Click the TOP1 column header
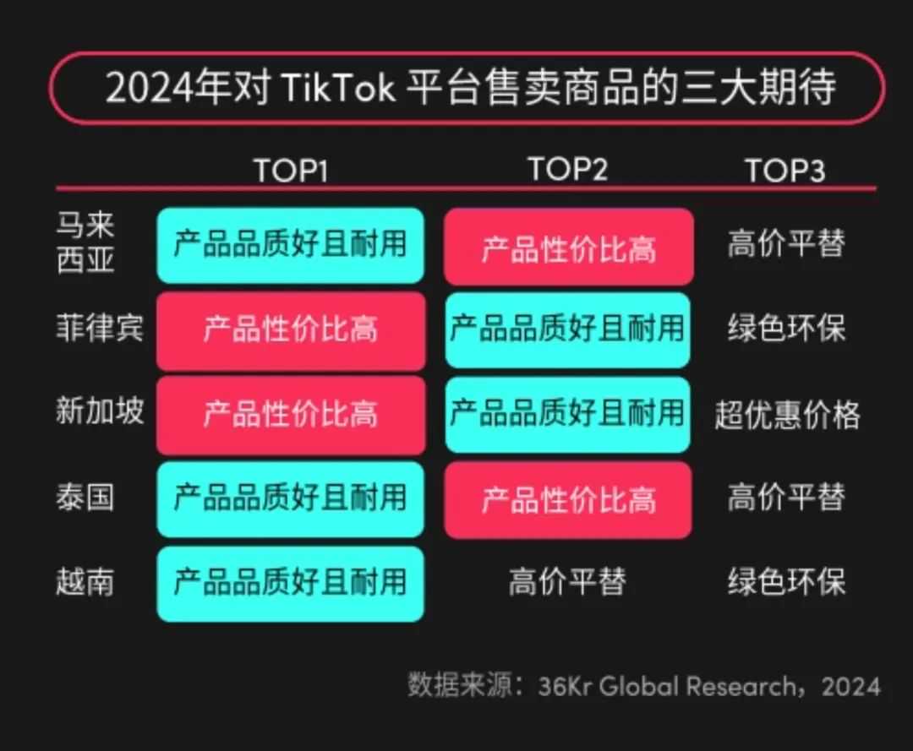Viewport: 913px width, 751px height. tap(290, 171)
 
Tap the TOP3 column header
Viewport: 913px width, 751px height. tap(785, 171)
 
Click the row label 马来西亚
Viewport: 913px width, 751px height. tap(85, 243)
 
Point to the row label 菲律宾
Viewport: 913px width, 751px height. tap(100, 328)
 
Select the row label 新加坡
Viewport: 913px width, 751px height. tap(100, 411)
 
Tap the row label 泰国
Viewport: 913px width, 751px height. tap(85, 497)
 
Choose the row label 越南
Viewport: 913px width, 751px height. tap(85, 581)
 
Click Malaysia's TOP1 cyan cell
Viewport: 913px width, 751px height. tap(290, 245)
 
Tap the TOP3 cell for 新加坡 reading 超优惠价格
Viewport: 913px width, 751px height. tap(787, 414)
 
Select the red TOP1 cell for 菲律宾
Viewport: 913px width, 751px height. tap(290, 329)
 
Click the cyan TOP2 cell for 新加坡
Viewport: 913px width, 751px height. tap(567, 414)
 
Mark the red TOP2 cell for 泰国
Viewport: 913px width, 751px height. tap(568, 499)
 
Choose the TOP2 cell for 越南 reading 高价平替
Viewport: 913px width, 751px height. tap(567, 582)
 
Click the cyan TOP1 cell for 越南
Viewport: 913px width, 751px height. tap(290, 583)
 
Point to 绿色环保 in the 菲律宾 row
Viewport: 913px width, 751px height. tap(786, 329)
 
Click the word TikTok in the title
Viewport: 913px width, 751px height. tap(336, 88)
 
